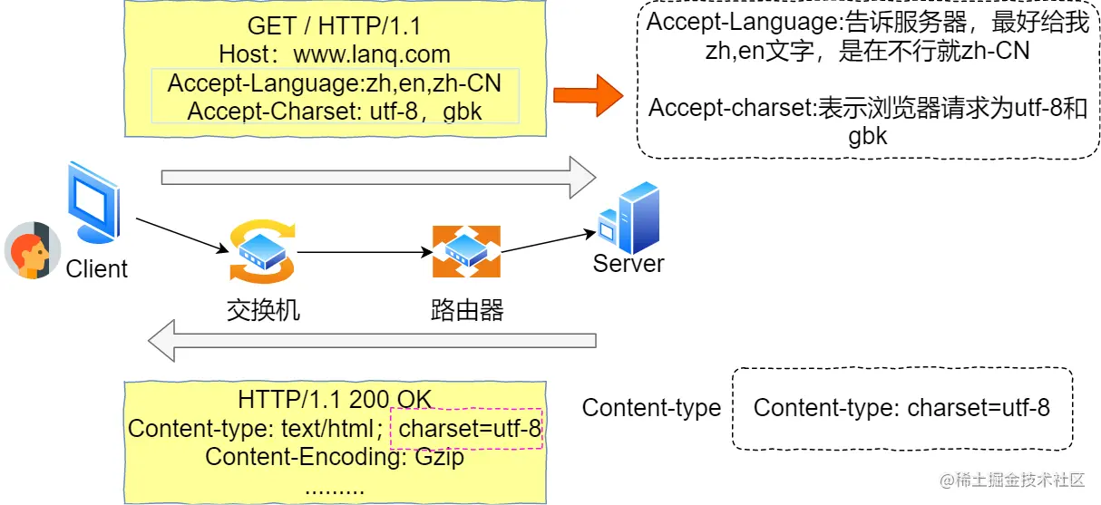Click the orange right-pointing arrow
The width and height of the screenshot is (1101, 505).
[x=588, y=95]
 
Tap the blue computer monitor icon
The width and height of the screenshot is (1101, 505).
[x=94, y=202]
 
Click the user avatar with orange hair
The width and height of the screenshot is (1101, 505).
[x=33, y=250]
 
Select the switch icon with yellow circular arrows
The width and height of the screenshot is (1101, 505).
[x=262, y=251]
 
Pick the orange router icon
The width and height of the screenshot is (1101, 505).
[x=466, y=251]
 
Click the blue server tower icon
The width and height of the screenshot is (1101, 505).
[x=628, y=217]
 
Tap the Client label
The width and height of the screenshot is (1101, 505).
[x=97, y=268]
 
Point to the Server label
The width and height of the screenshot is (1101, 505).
[x=628, y=263]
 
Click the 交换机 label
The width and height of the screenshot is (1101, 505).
[x=263, y=310]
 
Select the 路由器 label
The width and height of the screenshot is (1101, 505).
[x=467, y=310]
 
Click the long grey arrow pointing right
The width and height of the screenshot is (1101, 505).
[x=378, y=178]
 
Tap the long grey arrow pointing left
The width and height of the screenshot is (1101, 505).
[x=372, y=340]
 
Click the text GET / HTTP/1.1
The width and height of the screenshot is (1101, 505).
[x=335, y=26]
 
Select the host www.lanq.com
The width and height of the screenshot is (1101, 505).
[x=372, y=54]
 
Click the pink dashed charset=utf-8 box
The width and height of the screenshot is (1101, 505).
[x=466, y=428]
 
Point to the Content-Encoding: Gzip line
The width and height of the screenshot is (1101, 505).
[x=335, y=457]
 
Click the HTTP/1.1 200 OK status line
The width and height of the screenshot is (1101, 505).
[x=335, y=400]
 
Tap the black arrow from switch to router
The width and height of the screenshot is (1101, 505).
[x=365, y=252]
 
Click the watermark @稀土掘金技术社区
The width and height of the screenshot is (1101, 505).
[x=1012, y=480]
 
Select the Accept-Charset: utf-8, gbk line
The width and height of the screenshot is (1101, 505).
[x=335, y=111]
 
